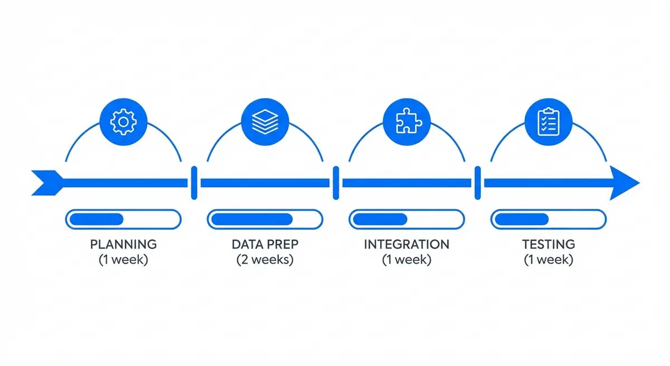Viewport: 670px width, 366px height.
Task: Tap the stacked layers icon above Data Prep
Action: click(265, 121)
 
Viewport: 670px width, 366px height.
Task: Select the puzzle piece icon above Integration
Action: click(406, 121)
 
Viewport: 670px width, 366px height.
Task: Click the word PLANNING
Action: click(123, 244)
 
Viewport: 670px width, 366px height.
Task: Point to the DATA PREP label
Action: click(265, 244)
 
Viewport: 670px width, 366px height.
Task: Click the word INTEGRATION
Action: click(406, 244)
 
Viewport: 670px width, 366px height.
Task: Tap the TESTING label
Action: click(548, 244)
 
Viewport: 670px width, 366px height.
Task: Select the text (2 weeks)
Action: click(265, 260)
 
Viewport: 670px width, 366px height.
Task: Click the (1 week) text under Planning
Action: click(123, 260)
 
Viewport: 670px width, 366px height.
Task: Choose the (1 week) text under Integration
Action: click(406, 260)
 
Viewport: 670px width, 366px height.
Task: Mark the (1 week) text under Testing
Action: click(548, 260)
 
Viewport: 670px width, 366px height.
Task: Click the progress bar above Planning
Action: click(123, 219)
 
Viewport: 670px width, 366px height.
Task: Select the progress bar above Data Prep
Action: click(265, 219)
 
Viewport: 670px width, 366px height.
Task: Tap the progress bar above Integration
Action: click(406, 219)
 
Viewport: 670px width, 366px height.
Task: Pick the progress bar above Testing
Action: click(548, 219)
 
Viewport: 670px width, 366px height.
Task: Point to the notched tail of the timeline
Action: click(45, 183)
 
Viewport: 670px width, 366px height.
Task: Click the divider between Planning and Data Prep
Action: click(194, 183)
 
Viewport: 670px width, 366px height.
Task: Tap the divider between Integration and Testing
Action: click(477, 183)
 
